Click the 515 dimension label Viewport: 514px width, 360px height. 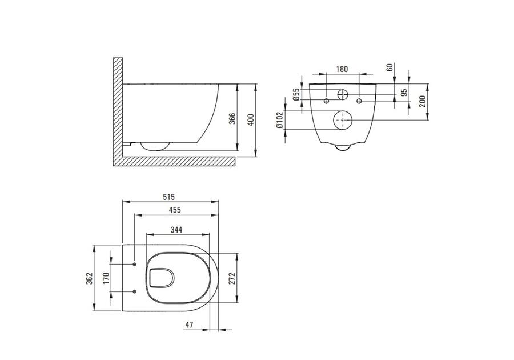click(x=169, y=197)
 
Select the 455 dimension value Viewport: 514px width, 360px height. click(x=175, y=210)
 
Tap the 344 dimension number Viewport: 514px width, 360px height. click(x=176, y=230)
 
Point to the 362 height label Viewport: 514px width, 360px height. click(x=89, y=278)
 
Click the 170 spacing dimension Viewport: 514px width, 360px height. click(x=106, y=278)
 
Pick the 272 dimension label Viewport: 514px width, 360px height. click(x=232, y=278)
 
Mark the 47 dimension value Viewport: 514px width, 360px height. click(x=189, y=325)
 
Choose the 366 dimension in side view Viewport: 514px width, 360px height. click(x=232, y=119)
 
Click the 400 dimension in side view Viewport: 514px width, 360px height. click(x=251, y=120)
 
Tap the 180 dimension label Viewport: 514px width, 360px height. click(x=342, y=69)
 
